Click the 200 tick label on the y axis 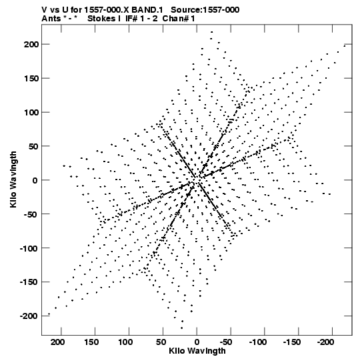pyautogui.click(x=31, y=44)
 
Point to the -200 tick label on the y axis pyautogui.click(x=29, y=316)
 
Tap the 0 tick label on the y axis pyautogui.click(x=35, y=180)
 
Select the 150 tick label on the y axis pyautogui.click(x=31, y=78)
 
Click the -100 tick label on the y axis pyautogui.click(x=29, y=248)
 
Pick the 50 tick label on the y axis pyautogui.click(x=33, y=146)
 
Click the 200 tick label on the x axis pyautogui.click(x=57, y=342)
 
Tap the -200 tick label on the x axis pyautogui.click(x=325, y=342)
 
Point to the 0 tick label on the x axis pyautogui.click(x=197, y=342)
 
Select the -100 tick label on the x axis pyautogui.click(x=257, y=342)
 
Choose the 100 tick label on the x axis pyautogui.click(x=125, y=342)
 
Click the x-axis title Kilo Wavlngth pyautogui.click(x=197, y=351)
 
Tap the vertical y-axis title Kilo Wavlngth pyautogui.click(x=13, y=179)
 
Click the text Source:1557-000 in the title pyautogui.click(x=205, y=10)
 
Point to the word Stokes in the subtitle pyautogui.click(x=101, y=19)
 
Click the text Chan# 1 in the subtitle pyautogui.click(x=179, y=19)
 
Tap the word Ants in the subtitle pyautogui.click(x=51, y=19)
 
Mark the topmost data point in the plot pyautogui.click(x=211, y=32)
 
